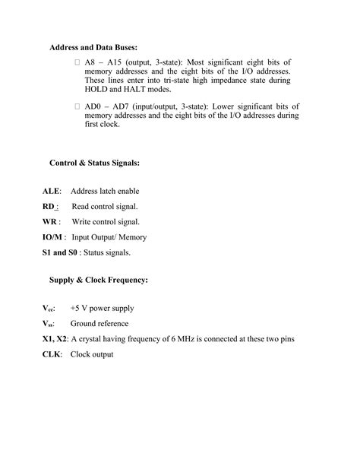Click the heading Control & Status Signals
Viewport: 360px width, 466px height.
point(94,163)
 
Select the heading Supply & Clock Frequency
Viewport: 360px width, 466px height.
point(99,281)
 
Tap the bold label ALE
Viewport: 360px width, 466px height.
point(51,192)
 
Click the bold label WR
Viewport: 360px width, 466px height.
point(50,222)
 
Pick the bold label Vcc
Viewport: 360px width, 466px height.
point(48,309)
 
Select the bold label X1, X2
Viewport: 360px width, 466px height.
point(55,339)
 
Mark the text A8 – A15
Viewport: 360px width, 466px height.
point(103,60)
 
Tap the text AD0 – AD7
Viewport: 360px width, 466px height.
point(108,106)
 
